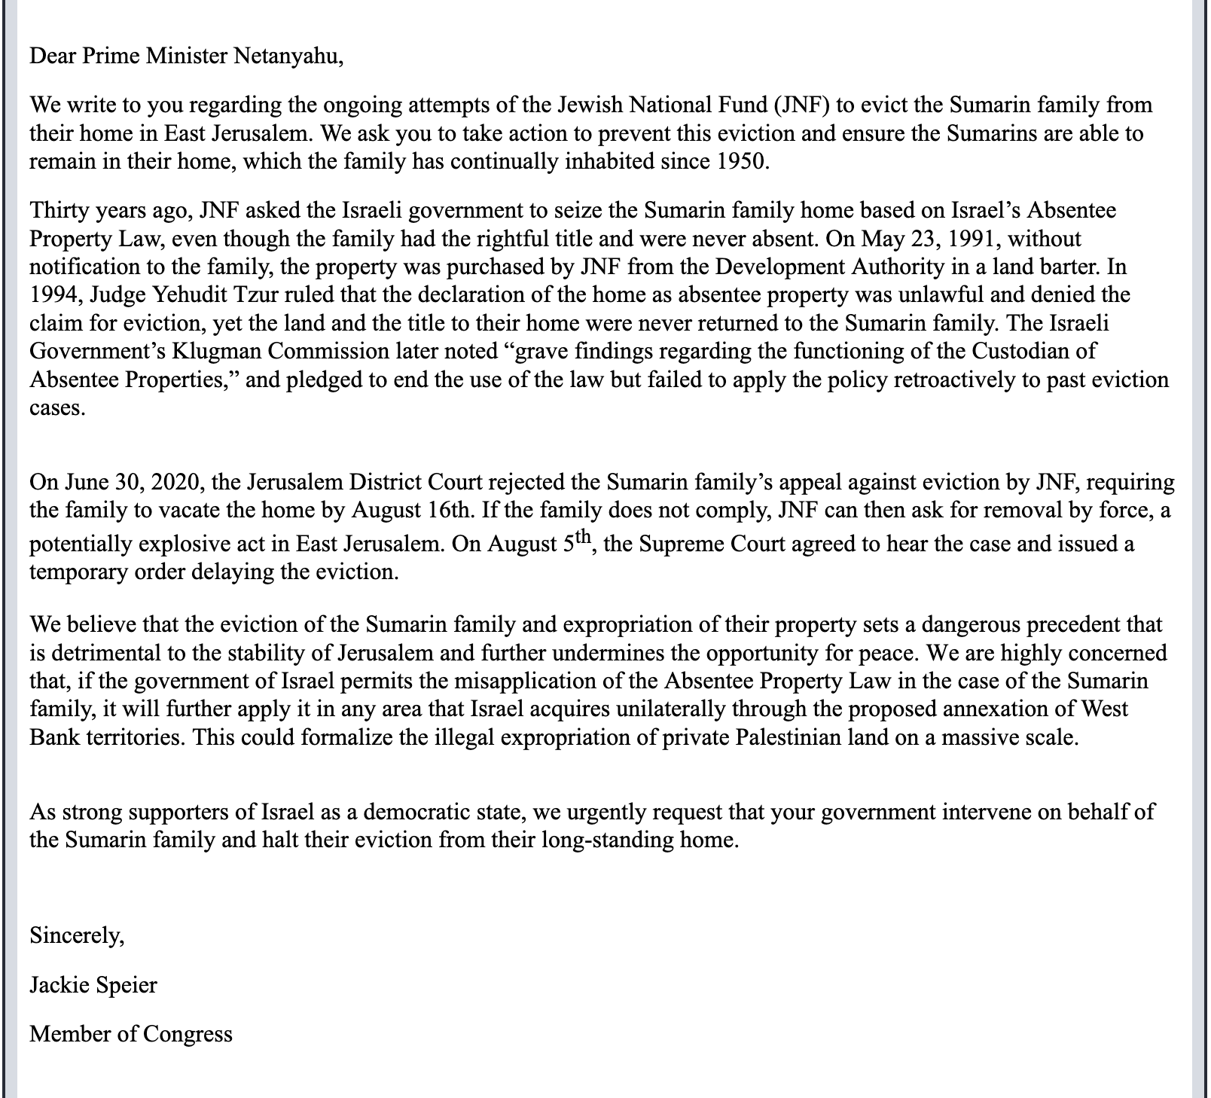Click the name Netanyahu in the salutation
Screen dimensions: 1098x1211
click(287, 56)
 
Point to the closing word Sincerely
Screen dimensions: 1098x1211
click(76, 936)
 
